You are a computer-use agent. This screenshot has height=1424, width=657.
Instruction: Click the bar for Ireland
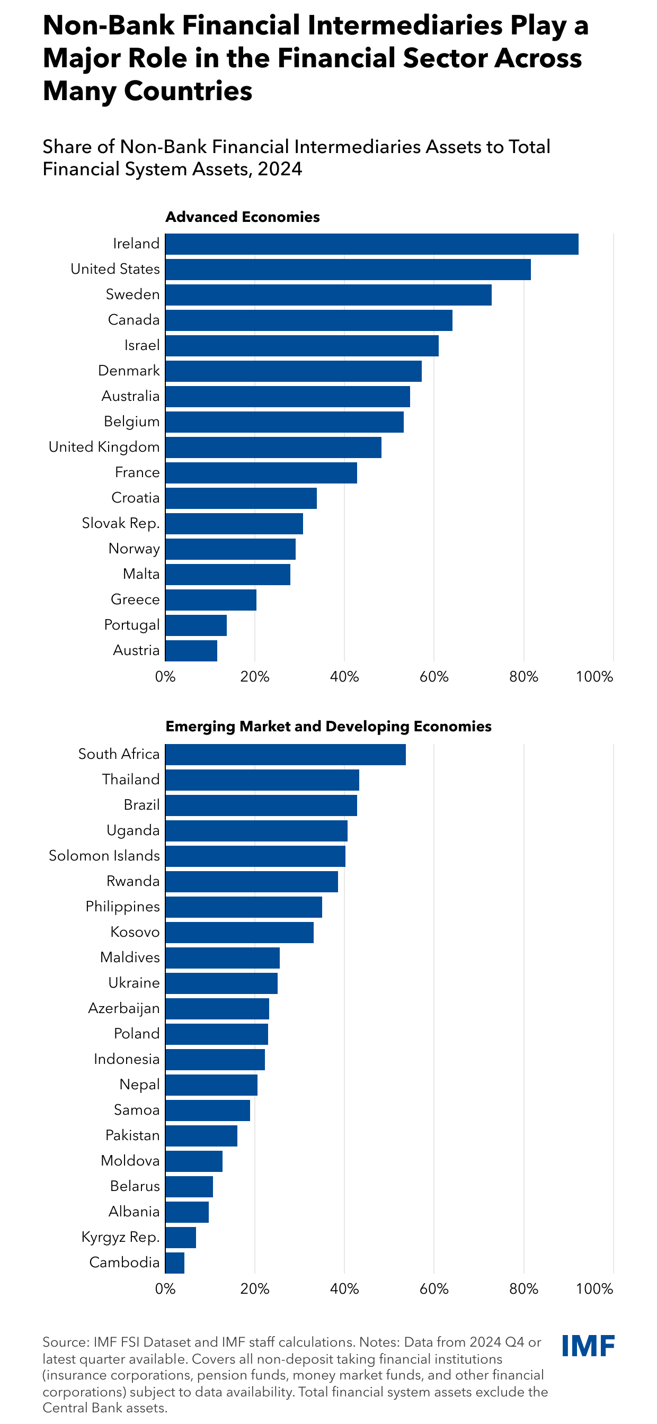[x=371, y=244]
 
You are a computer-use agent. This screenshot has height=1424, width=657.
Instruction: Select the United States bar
[x=348, y=270]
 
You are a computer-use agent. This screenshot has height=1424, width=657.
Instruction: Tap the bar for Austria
[x=191, y=651]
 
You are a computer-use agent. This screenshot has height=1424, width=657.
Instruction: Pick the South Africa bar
[x=286, y=755]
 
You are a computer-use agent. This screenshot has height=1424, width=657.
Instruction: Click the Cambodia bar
[x=175, y=1263]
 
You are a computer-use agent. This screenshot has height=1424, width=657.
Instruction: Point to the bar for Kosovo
[x=239, y=933]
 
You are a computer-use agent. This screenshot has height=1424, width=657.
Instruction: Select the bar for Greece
[x=211, y=600]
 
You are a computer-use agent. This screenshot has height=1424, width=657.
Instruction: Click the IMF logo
[x=588, y=1347]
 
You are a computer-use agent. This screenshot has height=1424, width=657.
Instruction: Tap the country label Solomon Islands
[x=104, y=856]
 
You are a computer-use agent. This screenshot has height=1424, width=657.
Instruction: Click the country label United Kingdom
[x=104, y=446]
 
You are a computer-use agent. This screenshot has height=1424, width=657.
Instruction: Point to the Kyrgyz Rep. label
[x=121, y=1237]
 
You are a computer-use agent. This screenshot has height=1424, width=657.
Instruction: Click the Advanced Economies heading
[x=242, y=217]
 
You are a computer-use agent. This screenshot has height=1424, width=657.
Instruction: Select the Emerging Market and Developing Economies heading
[x=328, y=727]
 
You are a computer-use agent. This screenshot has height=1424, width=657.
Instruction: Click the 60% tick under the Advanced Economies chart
[x=434, y=677]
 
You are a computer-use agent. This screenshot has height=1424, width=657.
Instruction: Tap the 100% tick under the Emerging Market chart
[x=594, y=1289]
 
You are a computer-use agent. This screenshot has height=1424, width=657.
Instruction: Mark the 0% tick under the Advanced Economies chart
[x=165, y=677]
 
